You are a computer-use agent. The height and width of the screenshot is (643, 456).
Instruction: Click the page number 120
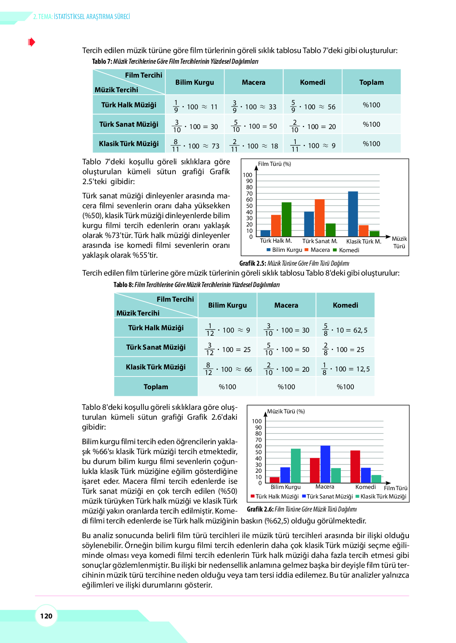coord(46,616)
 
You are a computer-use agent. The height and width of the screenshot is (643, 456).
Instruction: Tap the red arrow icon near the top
coord(32,42)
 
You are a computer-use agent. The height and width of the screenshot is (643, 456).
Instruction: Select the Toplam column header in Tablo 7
coord(371,82)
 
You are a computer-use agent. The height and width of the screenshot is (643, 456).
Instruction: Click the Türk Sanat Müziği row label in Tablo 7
coord(129,124)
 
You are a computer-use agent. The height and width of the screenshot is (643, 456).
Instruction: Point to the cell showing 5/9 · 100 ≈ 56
coord(312,106)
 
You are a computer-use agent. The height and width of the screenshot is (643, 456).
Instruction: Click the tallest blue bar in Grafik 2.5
coord(353,214)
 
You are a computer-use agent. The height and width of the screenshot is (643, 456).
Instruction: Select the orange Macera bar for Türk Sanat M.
coord(319,218)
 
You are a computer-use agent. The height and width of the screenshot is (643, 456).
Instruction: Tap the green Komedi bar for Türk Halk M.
coord(286,219)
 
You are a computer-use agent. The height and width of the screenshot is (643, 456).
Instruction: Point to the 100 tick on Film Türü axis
coord(247,175)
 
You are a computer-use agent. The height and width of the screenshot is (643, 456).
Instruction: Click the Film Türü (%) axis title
coord(274,164)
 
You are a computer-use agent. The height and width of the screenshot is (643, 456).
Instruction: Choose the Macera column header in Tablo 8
coord(286,305)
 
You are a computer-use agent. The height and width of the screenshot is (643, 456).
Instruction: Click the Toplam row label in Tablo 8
coord(156,387)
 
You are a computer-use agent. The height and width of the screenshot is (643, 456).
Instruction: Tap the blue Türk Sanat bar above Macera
coord(325,464)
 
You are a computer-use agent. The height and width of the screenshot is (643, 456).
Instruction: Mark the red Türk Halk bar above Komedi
coord(355,466)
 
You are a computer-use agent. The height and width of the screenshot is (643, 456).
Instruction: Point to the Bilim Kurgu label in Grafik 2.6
coord(285,487)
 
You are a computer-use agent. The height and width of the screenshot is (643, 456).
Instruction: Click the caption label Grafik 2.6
coord(260,509)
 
